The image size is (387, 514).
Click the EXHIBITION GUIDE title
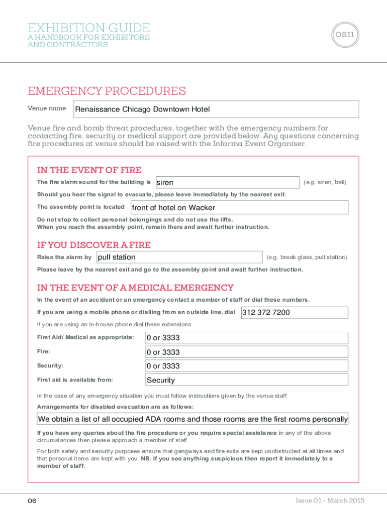[89, 28]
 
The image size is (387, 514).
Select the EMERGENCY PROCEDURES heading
[107, 91]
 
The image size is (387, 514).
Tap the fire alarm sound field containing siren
[227, 183]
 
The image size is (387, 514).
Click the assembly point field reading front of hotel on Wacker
[239, 207]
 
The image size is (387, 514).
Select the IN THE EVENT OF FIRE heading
[89, 170]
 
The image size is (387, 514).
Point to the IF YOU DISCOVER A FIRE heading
[94, 245]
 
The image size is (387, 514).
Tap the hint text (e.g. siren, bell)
[325, 182]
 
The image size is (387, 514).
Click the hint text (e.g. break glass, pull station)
[307, 258]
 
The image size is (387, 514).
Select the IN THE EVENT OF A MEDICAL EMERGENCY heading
[136, 288]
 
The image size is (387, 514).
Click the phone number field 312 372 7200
[295, 313]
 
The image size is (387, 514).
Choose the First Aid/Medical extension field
[246, 338]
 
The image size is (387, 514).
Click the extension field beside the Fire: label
[246, 352]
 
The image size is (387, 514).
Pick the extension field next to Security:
[246, 366]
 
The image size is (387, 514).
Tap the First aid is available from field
[246, 380]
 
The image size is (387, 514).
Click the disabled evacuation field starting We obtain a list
[193, 419]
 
